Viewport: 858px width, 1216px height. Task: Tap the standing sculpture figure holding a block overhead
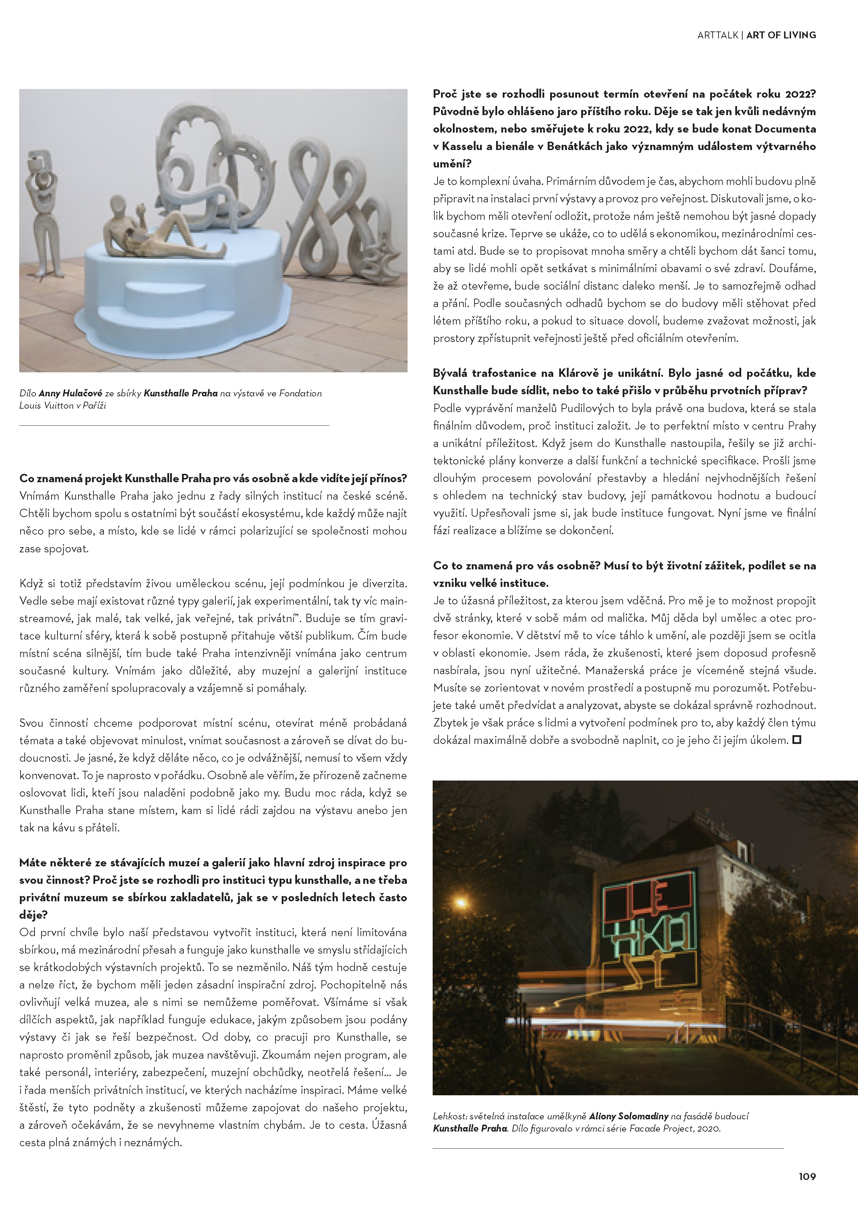click(x=45, y=212)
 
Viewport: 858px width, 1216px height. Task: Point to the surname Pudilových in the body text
click(x=587, y=408)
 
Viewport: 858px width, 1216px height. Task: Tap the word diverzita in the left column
click(x=384, y=584)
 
